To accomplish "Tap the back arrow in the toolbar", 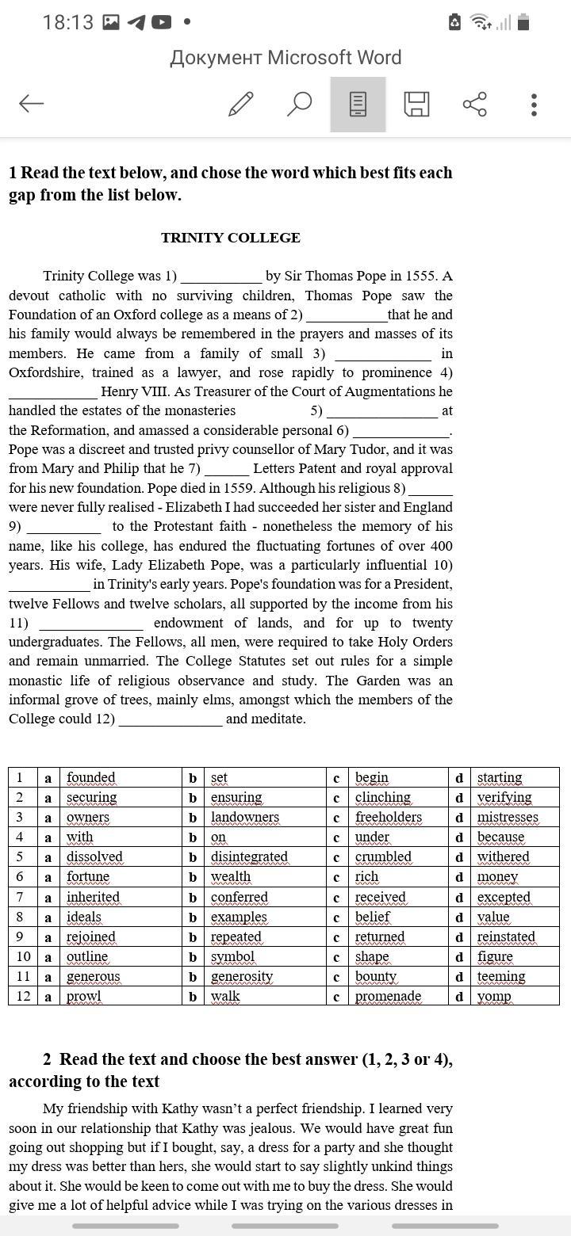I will [31, 103].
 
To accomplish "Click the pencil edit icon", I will [240, 104].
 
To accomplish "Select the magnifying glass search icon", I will [298, 104].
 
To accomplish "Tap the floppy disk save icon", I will [416, 104].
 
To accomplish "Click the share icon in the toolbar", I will [474, 104].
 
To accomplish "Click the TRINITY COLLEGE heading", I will [230, 238].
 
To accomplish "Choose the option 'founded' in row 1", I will [90, 777].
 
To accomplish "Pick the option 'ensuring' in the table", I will [236, 797].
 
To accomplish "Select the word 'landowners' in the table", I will [245, 817].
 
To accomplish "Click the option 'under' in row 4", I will [372, 837].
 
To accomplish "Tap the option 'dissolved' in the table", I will [94, 856].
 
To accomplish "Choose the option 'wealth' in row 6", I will [231, 876].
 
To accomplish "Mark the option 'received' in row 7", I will [380, 897].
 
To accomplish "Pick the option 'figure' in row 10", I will [495, 956].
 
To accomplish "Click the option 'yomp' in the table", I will [494, 996].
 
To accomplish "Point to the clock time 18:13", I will [68, 22].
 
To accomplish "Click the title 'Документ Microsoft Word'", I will [285, 58].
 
